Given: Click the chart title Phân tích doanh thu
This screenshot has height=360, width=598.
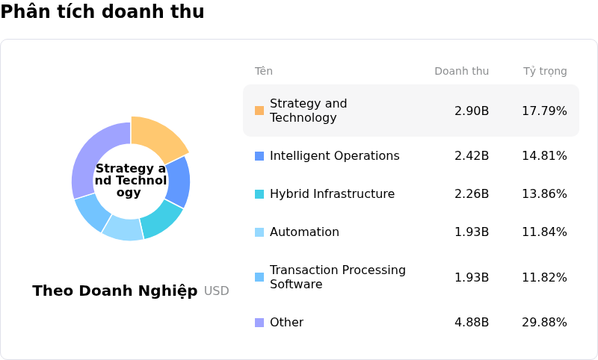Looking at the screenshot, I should (102, 12).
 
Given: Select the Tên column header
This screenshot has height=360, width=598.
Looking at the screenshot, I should (263, 72).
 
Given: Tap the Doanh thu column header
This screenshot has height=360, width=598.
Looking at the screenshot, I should (461, 72).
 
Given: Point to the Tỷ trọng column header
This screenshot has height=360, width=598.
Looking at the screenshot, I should (544, 72).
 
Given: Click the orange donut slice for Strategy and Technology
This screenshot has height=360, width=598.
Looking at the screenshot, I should (157, 137).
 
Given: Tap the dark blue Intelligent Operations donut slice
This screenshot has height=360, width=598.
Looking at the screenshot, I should (179, 181).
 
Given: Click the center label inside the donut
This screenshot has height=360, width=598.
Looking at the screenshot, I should (131, 181).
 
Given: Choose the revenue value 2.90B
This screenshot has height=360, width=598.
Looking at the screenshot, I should (471, 111).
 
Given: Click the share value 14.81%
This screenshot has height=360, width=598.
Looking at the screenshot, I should (543, 156).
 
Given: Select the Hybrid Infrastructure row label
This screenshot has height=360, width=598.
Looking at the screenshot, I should (332, 194).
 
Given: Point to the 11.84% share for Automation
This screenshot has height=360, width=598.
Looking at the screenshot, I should (543, 232).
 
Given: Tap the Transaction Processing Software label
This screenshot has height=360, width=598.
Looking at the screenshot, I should (337, 277).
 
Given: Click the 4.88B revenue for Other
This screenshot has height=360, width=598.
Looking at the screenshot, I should (471, 323).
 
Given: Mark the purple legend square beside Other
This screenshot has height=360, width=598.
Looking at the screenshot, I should (259, 323).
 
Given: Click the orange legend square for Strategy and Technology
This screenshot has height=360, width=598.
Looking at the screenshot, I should (259, 111).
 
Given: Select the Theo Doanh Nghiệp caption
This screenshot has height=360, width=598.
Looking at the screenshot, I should (114, 291).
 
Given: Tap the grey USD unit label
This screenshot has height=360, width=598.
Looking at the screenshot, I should (216, 291).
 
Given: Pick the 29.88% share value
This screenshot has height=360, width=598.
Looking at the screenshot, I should (543, 323).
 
